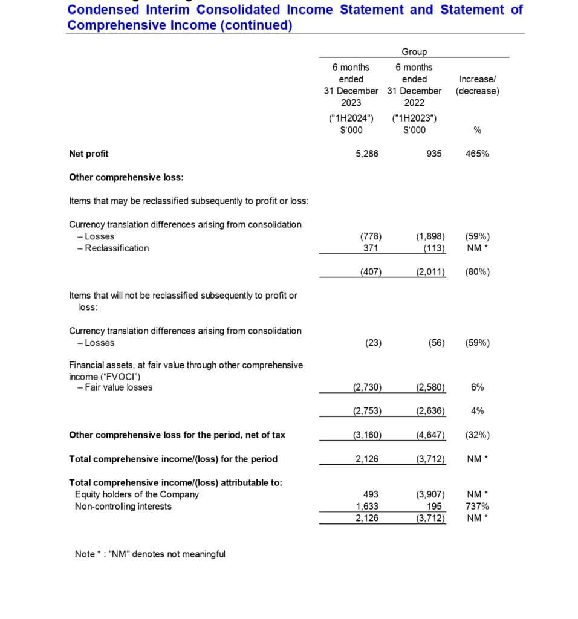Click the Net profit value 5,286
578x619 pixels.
click(367, 154)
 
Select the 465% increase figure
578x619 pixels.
click(477, 154)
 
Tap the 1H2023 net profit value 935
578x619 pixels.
click(433, 154)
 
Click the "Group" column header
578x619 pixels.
click(414, 52)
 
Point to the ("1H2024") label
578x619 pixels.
click(351, 118)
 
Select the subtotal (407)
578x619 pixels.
click(371, 272)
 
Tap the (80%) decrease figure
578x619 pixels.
click(477, 272)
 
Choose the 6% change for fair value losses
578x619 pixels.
click(477, 387)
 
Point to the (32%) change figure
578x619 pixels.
click(477, 435)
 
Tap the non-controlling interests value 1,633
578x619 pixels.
click(367, 507)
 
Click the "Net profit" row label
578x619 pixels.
click(89, 154)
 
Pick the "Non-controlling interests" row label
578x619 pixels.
click(123, 507)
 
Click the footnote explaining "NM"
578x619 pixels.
click(150, 554)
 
